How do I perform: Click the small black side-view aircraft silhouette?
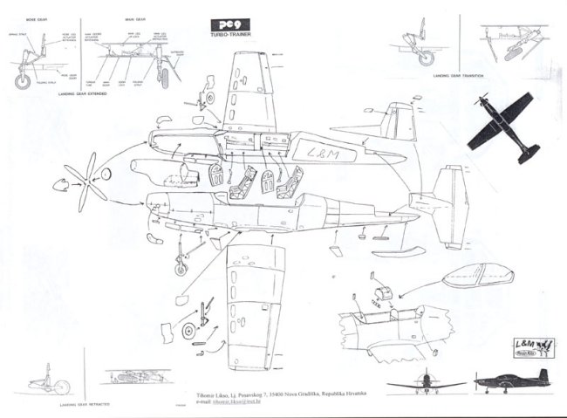510,381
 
